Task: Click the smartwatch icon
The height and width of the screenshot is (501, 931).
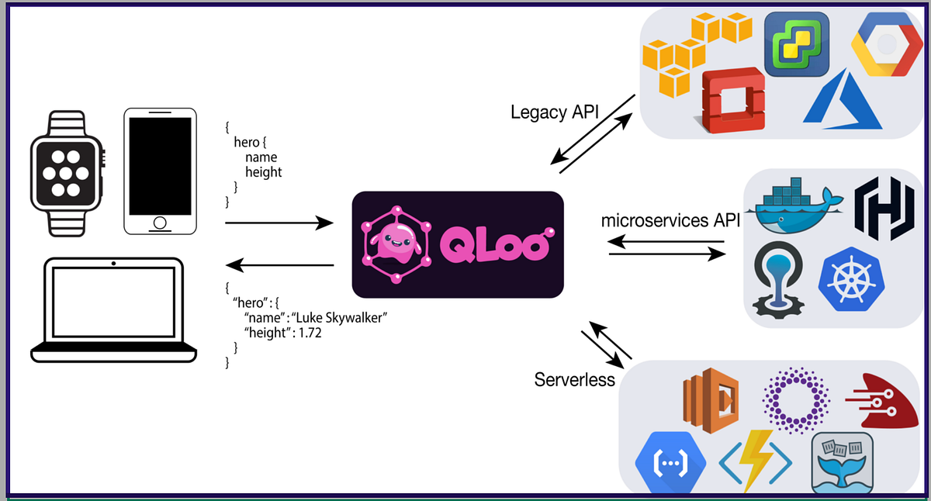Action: pyautogui.click(x=67, y=174)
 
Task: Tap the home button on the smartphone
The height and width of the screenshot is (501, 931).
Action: pyautogui.click(x=160, y=223)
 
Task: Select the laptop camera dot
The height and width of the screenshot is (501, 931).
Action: pyautogui.click(x=113, y=264)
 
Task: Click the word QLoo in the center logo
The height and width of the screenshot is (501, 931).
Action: pyautogui.click(x=497, y=244)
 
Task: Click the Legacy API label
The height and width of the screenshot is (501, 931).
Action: pyautogui.click(x=555, y=112)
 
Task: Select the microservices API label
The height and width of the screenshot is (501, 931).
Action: pyautogui.click(x=670, y=220)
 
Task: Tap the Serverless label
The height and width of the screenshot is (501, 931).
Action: pyautogui.click(x=574, y=380)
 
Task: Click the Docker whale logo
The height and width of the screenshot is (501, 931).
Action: pyautogui.click(x=794, y=206)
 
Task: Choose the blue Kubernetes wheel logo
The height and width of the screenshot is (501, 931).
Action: pyautogui.click(x=852, y=279)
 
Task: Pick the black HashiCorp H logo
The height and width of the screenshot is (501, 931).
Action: pyautogui.click(x=884, y=209)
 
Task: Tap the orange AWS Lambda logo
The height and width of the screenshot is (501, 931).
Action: pyautogui.click(x=711, y=400)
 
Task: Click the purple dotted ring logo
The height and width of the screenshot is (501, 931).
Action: pyautogui.click(x=796, y=400)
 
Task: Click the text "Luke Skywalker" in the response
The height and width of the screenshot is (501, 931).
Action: pyautogui.click(x=339, y=318)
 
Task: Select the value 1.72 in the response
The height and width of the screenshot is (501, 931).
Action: pyautogui.click(x=310, y=333)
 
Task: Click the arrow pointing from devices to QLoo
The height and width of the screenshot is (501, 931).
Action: pyautogui.click(x=279, y=223)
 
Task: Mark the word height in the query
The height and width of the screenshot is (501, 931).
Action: pyautogui.click(x=264, y=172)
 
